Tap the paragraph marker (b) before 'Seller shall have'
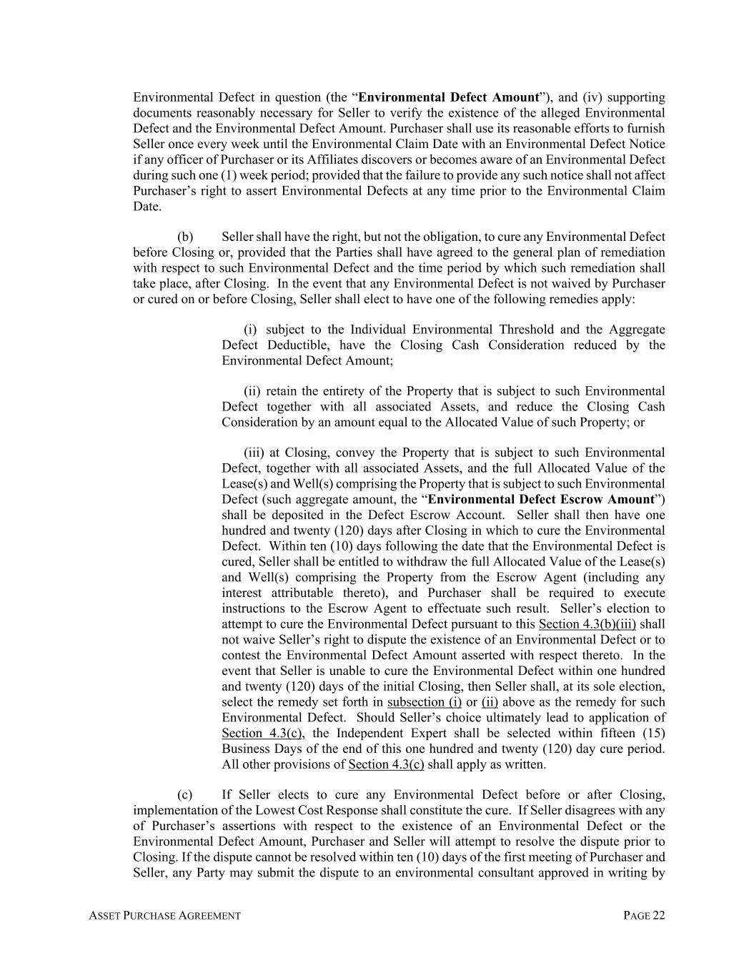185,237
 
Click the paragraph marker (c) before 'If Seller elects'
184,794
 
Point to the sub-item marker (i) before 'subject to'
250,330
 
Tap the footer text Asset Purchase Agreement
164,915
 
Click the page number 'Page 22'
644,915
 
